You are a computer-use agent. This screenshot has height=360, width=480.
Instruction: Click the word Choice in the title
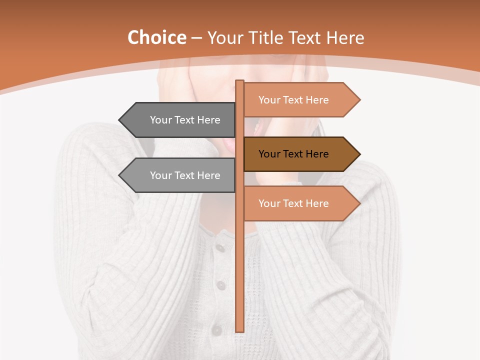(x=156, y=38)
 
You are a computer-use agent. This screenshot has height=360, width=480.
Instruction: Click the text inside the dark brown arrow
(x=293, y=154)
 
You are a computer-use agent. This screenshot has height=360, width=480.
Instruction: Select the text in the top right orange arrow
(x=293, y=100)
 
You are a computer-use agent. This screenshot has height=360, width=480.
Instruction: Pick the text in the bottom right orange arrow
(x=293, y=203)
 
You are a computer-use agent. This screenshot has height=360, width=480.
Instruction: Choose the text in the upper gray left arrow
(x=185, y=120)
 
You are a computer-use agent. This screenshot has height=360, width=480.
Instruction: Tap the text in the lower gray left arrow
(x=185, y=175)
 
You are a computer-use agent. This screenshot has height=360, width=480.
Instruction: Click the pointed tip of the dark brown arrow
(x=359, y=154)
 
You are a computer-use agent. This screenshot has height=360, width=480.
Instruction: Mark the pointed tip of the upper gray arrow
(x=120, y=120)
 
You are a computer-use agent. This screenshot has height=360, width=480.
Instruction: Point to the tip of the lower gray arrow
(x=120, y=175)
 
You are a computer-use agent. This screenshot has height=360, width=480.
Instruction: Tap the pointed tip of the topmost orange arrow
(x=359, y=100)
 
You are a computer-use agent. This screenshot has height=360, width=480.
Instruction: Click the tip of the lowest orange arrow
(x=359, y=203)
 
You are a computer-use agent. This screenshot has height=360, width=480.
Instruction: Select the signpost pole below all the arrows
(x=240, y=280)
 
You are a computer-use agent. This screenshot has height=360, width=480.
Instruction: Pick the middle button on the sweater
(x=220, y=285)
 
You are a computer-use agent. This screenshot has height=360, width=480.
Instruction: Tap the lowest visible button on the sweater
(x=216, y=330)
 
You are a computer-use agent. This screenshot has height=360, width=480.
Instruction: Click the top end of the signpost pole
(x=240, y=82)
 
